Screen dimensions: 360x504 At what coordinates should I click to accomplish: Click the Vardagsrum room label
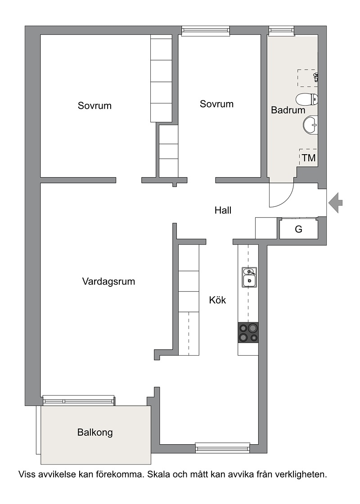pos(108,281)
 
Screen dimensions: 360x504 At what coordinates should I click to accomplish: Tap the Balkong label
pos(95,433)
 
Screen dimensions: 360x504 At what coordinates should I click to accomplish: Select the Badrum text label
pos(288,110)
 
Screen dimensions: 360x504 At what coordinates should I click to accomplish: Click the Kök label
pos(217,300)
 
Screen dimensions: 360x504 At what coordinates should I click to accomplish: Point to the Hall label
pos(223,210)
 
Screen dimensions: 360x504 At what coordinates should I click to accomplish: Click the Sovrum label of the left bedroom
pos(94,106)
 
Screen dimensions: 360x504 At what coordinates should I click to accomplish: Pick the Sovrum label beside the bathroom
pos(216,104)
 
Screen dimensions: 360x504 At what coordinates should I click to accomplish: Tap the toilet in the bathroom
pos(306,99)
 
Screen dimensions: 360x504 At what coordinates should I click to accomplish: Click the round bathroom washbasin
pos(310,124)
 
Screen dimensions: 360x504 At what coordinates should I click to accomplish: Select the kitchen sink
pos(249,277)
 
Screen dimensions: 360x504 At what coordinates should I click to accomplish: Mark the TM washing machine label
pos(309,158)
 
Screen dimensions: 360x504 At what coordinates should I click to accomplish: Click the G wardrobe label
pos(298,229)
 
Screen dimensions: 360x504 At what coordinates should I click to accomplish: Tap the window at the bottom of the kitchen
pos(223,447)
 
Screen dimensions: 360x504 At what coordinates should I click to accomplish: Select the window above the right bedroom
pos(206,31)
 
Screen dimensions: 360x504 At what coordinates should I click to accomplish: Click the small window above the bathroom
pos(282,30)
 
